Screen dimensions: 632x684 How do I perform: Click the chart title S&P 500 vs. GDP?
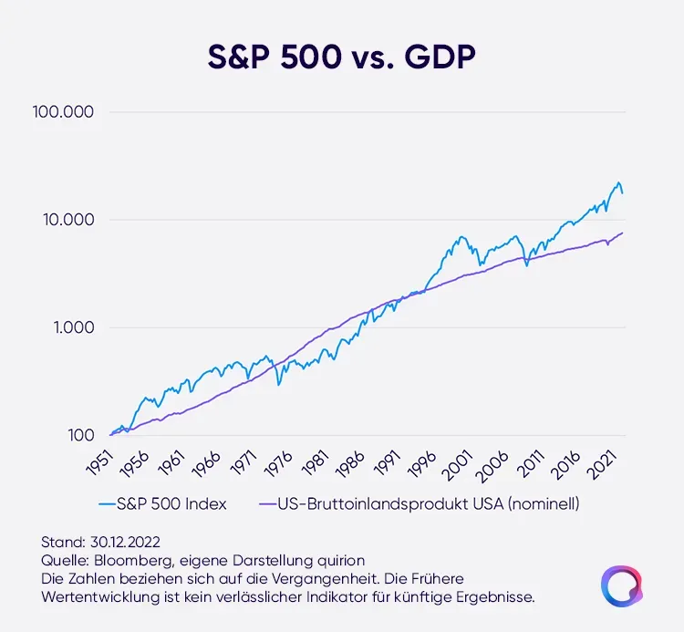pos(341,57)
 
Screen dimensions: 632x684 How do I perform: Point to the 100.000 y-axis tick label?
pos(63,113)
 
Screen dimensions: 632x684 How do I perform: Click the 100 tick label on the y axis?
pos(80,435)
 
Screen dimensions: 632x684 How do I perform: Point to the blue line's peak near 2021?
pos(618,182)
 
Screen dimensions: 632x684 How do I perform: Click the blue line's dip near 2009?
pos(526,265)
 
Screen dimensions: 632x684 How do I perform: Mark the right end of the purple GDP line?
pos(623,233)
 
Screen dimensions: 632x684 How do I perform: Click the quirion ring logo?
pos(620,585)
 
